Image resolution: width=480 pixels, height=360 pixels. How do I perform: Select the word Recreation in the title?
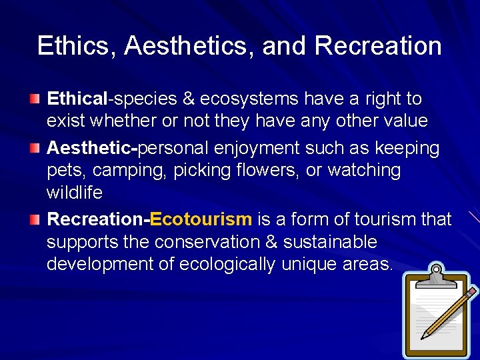click(x=378, y=46)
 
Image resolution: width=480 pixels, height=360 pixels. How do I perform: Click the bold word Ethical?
click(x=77, y=99)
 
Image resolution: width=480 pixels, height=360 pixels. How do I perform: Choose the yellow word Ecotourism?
click(x=201, y=219)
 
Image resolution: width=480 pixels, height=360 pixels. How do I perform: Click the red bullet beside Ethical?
click(x=34, y=99)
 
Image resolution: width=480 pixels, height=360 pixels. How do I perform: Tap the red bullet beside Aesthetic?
click(x=34, y=148)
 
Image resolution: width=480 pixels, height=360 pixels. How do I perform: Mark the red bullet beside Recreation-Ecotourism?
click(x=34, y=219)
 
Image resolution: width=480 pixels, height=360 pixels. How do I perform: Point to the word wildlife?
click(x=75, y=193)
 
